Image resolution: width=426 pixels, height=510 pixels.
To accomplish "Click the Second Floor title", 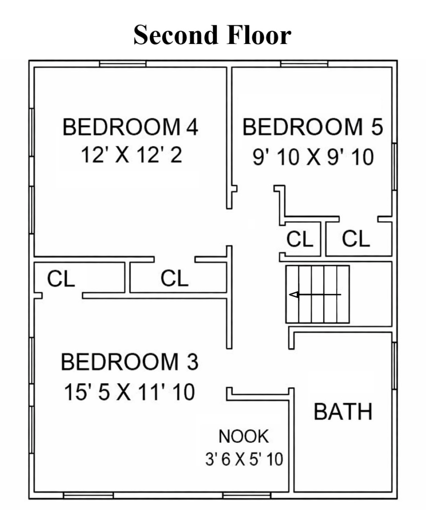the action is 212,35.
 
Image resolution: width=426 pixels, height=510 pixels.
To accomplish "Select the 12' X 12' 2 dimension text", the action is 131,154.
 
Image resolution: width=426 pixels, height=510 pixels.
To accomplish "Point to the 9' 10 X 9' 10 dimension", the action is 313,157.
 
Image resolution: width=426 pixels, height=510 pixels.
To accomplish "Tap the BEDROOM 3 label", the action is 129,361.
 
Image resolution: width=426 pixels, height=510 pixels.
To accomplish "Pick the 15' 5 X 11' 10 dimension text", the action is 129,392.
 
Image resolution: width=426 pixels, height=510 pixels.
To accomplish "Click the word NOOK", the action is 244,436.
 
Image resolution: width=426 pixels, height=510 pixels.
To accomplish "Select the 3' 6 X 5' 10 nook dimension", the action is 244,459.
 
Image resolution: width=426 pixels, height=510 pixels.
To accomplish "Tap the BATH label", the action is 343,411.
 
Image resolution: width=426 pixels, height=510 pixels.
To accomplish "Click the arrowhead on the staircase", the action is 294,295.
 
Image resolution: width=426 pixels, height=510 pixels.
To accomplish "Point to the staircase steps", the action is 318,294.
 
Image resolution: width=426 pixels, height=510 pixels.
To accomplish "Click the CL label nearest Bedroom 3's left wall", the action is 61,279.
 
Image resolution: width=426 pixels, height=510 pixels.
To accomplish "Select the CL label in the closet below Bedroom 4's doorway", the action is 175,278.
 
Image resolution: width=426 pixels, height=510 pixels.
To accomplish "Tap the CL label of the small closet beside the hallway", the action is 300,239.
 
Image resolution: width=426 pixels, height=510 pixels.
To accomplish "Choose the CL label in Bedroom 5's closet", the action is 356,239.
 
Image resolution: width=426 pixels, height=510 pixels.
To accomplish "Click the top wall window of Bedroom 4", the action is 123,64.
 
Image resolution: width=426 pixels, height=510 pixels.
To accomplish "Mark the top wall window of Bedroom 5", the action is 304,64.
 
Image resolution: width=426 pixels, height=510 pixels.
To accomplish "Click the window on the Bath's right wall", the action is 394,365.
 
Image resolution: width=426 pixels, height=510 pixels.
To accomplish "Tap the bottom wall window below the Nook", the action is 246,495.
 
